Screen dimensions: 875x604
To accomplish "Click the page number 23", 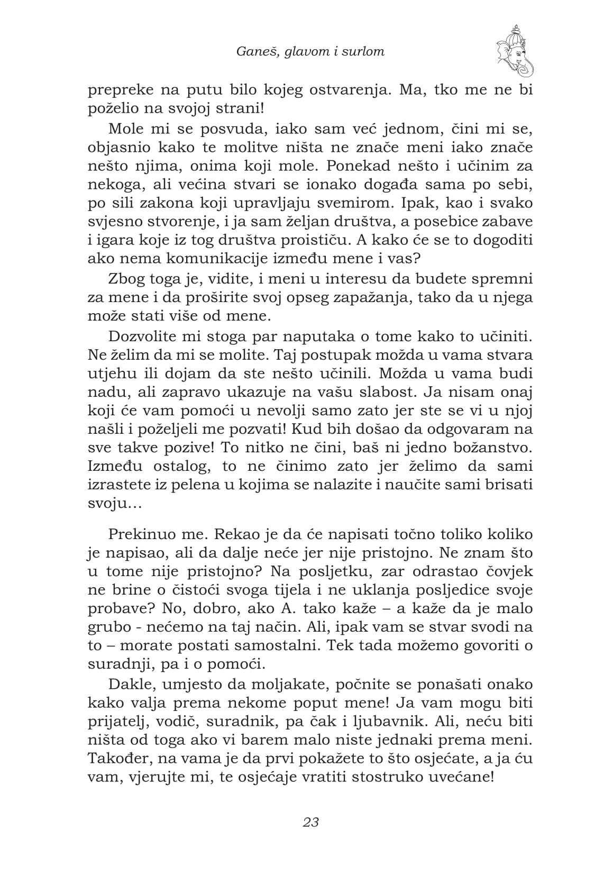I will (x=310, y=822).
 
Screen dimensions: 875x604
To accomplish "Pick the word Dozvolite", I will (x=142, y=336).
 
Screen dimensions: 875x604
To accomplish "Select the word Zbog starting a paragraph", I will (x=125, y=279).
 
